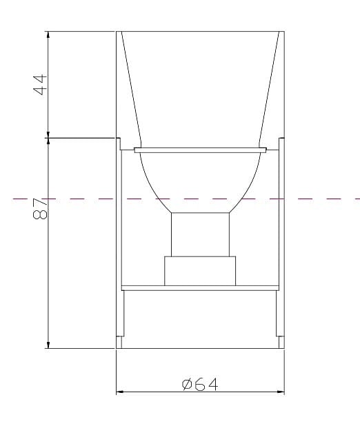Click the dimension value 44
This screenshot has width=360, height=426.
click(41, 85)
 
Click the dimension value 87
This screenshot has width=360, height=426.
click(40, 208)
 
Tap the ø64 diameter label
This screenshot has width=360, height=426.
click(200, 384)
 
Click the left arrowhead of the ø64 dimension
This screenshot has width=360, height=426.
click(120, 392)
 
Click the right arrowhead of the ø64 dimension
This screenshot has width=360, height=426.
click(281, 392)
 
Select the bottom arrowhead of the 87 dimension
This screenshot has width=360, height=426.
click(48, 344)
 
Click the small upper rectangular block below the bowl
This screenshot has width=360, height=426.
click(201, 234)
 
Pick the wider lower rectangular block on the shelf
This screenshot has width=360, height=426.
click(200, 271)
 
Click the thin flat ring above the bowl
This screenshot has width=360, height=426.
click(201, 150)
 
